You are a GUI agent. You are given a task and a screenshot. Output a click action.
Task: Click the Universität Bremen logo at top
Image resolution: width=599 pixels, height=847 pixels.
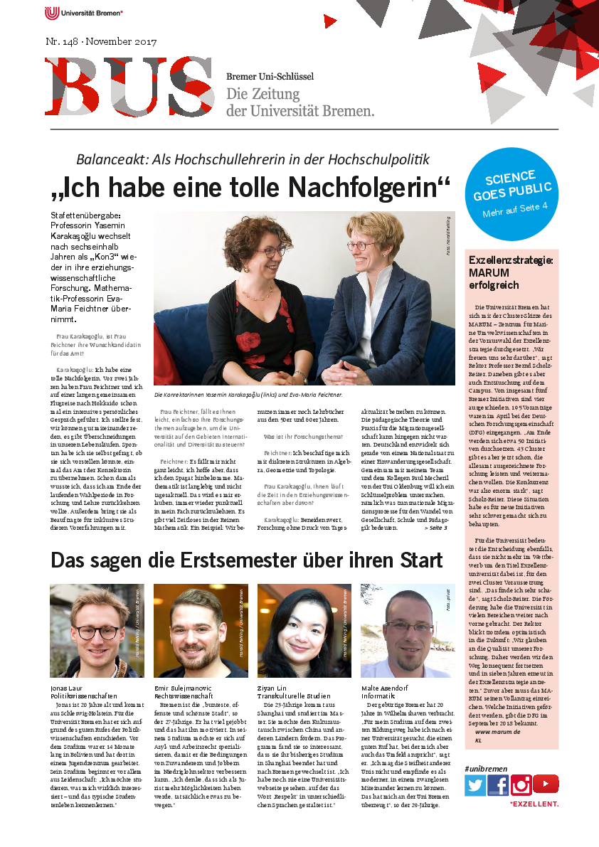(x=84, y=13)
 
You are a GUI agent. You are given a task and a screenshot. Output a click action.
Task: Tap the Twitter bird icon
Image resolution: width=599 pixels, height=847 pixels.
(x=475, y=785)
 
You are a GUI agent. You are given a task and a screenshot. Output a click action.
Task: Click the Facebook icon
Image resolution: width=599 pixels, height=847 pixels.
(x=498, y=785)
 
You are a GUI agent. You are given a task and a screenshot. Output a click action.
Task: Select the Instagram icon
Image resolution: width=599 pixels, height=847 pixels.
(x=521, y=785)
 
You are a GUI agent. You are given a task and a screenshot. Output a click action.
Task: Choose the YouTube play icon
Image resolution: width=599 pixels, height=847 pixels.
(x=546, y=784)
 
